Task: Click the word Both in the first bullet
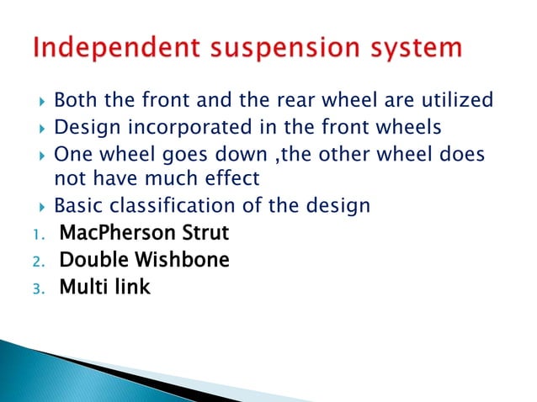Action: coord(74,101)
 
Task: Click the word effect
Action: coord(230,178)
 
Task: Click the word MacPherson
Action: coord(111,233)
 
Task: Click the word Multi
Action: coord(83,288)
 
